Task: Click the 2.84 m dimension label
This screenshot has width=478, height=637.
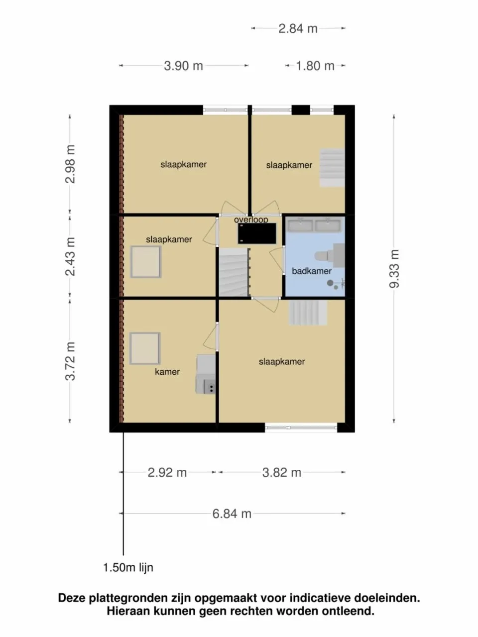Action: [298, 28]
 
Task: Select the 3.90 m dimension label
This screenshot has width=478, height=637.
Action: [183, 66]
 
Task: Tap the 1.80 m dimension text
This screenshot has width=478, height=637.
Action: [315, 66]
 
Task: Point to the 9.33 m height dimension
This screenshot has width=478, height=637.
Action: [395, 269]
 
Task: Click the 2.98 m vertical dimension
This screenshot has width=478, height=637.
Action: [70, 164]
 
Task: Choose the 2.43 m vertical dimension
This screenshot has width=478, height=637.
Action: [70, 256]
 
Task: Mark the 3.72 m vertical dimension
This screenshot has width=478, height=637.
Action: [70, 361]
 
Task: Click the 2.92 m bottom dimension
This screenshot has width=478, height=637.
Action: [167, 472]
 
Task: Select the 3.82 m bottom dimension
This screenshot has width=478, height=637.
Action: [282, 472]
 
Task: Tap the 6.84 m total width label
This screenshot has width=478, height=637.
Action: [232, 514]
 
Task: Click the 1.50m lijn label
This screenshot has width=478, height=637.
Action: [128, 567]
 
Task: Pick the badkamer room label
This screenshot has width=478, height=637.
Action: [312, 271]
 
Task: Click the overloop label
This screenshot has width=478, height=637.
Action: [251, 219]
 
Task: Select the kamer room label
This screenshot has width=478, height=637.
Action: [167, 372]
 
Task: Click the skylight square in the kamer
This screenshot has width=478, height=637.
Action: [145, 348]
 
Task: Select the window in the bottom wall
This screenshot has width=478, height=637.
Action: [301, 426]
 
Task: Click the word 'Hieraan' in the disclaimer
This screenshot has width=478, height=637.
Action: [127, 611]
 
